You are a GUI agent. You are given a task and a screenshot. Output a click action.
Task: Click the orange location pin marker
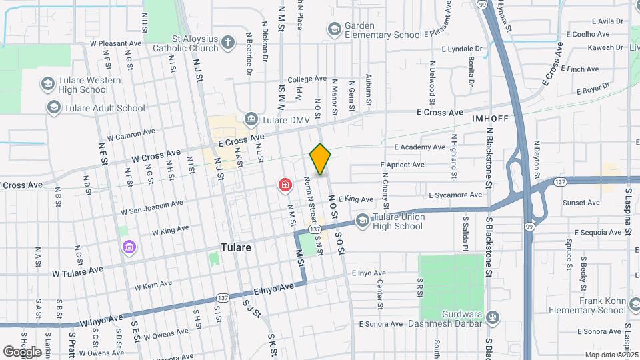point(320,159)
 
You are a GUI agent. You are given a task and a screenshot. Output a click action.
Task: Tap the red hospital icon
point(285,184)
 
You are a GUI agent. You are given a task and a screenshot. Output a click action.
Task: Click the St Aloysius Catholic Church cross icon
point(228,43)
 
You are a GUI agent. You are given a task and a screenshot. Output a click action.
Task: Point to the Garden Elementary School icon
point(333,29)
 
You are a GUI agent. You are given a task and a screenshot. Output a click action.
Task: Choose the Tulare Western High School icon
point(47,84)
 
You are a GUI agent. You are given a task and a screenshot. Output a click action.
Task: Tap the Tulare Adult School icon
point(53,107)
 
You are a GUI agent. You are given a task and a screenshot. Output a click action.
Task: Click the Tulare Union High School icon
point(362,221)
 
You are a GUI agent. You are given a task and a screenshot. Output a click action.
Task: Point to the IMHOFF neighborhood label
point(490,118)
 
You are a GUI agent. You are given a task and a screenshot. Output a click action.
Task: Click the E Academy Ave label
point(419,147)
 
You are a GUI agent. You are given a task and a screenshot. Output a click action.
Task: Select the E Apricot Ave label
point(402,165)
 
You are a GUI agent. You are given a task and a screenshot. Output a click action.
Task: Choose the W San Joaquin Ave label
point(151,207)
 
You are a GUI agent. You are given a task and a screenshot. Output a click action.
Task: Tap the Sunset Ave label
point(581,202)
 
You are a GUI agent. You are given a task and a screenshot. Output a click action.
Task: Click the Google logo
point(22,351)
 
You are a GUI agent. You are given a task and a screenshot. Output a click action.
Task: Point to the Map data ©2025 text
point(611,355)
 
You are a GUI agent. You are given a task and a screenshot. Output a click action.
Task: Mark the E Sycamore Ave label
point(455,195)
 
